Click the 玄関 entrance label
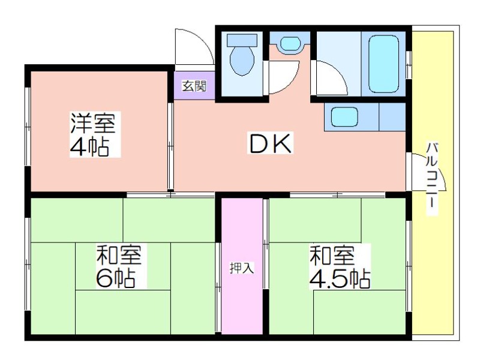pos(194,86)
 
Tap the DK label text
pos(270,143)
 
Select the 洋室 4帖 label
pos(93,134)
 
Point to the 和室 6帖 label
pos(119,266)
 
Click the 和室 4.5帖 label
pos(340,267)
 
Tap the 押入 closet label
pos(242,268)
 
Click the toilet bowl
pos(242,61)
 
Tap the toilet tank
pos(242,40)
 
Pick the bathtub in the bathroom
pos(384,64)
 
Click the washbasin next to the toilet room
pos(290,44)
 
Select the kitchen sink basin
pos(344,116)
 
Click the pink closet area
pos(242,266)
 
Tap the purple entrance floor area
pos(194,85)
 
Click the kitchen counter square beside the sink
pos(392,117)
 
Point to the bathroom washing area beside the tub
pos(339,64)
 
